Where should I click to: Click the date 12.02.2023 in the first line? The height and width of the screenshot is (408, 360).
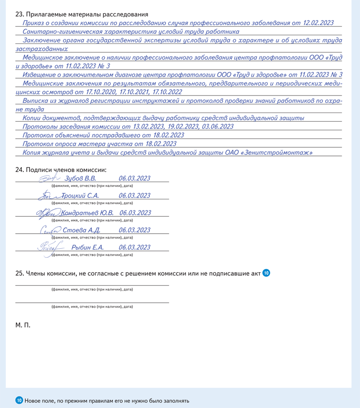tap(318, 23)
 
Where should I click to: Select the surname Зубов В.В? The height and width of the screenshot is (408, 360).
tap(80, 179)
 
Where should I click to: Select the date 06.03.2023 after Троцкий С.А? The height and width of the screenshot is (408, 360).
tap(134, 196)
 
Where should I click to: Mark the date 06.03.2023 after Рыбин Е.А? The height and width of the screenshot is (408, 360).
tap(134, 247)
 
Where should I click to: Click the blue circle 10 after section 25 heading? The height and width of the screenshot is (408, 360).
tap(266, 273)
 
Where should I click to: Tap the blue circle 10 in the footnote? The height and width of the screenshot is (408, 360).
tap(19, 400)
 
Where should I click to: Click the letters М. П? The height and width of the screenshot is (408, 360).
tap(23, 325)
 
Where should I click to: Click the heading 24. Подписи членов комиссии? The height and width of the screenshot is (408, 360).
tap(61, 169)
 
